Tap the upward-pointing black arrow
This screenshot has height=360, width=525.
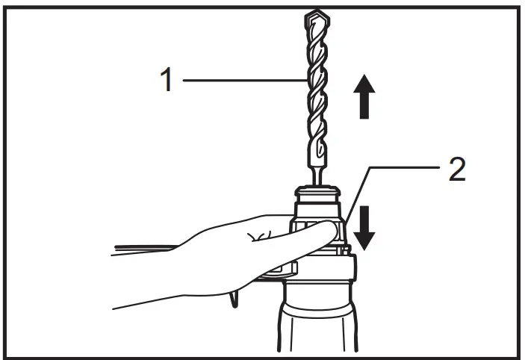(x=364, y=97)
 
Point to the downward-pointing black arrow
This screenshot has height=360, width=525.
(x=364, y=226)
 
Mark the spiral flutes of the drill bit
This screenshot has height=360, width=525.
(x=315, y=90)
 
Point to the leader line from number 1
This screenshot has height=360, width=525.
(x=239, y=78)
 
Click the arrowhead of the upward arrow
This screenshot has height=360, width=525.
(x=364, y=84)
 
